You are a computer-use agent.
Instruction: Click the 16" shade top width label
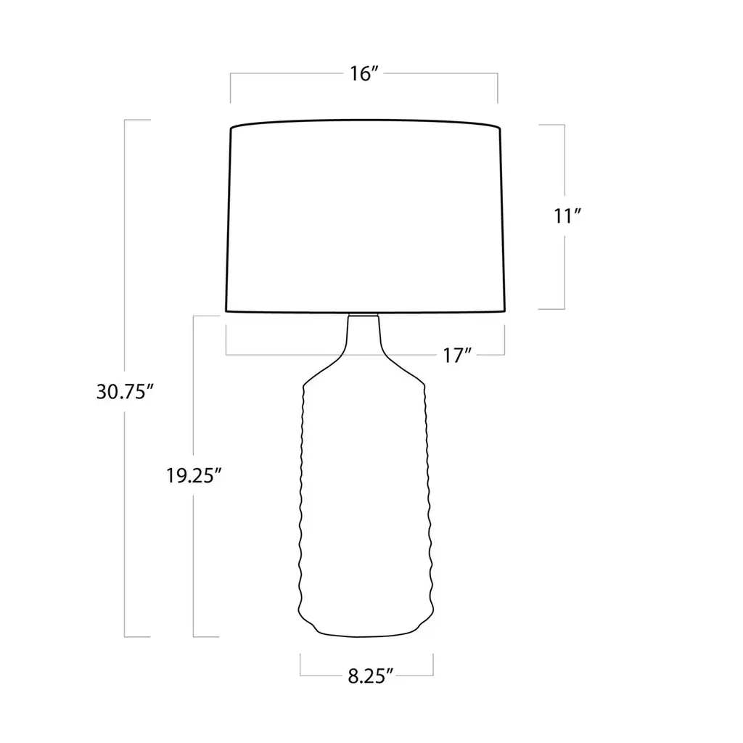(x=364, y=73)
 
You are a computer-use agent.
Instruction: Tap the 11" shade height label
(x=567, y=216)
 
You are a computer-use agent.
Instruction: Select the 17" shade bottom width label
(x=457, y=355)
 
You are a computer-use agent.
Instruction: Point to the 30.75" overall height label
(x=125, y=392)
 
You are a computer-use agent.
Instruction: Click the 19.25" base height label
(x=194, y=475)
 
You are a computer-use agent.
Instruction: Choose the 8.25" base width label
(x=371, y=676)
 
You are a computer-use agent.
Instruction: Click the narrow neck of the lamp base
(x=364, y=334)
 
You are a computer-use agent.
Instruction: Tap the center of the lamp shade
(x=366, y=216)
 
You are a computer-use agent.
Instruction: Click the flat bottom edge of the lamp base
(x=366, y=634)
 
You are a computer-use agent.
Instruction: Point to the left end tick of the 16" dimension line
(x=231, y=88)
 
